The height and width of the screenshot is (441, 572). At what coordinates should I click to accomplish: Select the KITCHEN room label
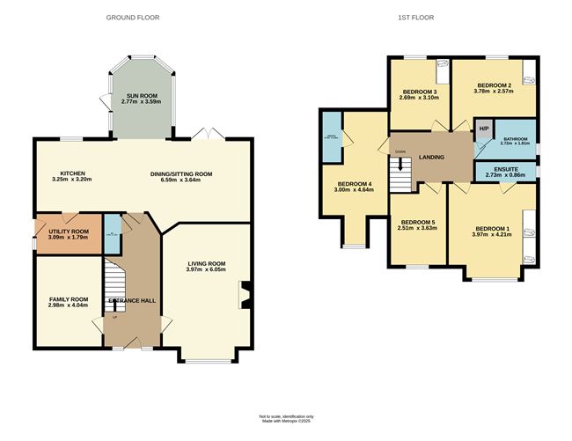click(72, 173)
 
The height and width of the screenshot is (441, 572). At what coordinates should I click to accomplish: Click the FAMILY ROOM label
click(68, 299)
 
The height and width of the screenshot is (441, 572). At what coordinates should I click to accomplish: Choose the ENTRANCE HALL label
click(131, 301)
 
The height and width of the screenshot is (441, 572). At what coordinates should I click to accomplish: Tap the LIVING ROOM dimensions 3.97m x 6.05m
click(207, 270)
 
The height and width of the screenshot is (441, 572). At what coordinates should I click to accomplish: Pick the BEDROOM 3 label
click(420, 92)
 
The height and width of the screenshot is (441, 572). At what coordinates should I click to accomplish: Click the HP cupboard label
click(483, 129)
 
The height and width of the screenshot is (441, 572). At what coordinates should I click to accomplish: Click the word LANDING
click(431, 158)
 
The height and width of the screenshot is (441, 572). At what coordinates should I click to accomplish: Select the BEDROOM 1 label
click(493, 227)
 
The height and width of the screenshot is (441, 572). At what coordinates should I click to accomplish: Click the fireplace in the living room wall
click(245, 295)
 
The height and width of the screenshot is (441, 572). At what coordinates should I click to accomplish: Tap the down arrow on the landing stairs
click(400, 164)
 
